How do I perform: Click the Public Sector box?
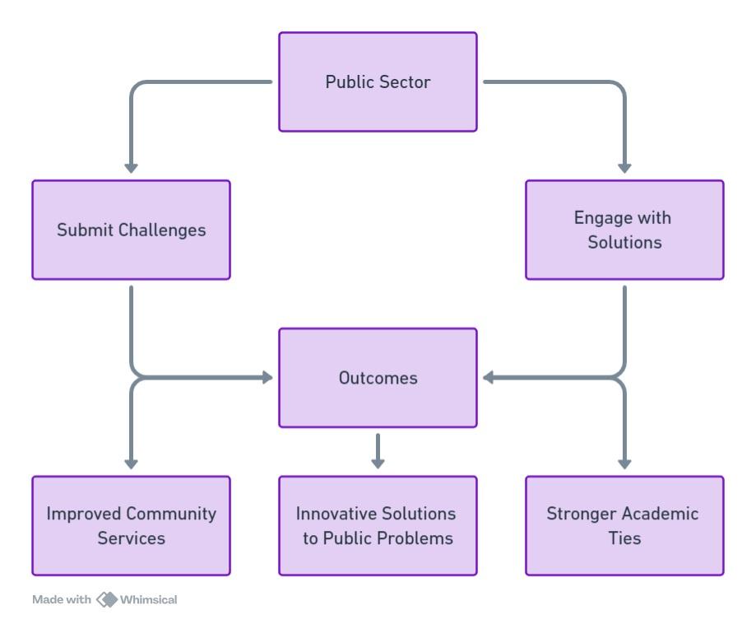tap(378, 81)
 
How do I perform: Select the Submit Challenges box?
tap(131, 230)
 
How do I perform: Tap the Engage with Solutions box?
tap(624, 230)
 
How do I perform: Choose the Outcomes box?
tap(378, 378)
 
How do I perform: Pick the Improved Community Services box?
tap(131, 525)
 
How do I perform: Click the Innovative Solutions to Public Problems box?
tap(378, 525)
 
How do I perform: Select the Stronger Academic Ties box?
tap(624, 525)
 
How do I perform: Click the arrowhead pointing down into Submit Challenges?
tap(131, 167)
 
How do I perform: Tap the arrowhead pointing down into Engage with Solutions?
tap(624, 167)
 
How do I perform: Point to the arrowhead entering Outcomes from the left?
tap(266, 378)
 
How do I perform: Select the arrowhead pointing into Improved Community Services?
tap(131, 463)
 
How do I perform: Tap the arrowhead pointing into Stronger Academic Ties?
tap(624, 463)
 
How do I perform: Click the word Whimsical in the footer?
tap(149, 598)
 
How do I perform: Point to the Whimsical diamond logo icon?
tap(107, 598)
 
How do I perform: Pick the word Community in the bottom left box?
tap(171, 514)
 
